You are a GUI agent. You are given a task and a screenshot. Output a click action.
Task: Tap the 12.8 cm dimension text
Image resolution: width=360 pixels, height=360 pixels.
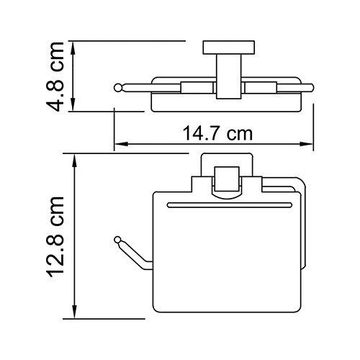point(59,236)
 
